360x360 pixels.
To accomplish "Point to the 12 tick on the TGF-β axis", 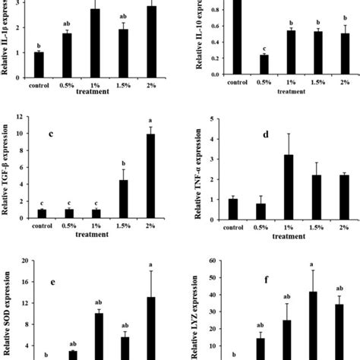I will pos(28,117).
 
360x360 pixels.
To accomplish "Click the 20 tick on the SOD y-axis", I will pos(27,261).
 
